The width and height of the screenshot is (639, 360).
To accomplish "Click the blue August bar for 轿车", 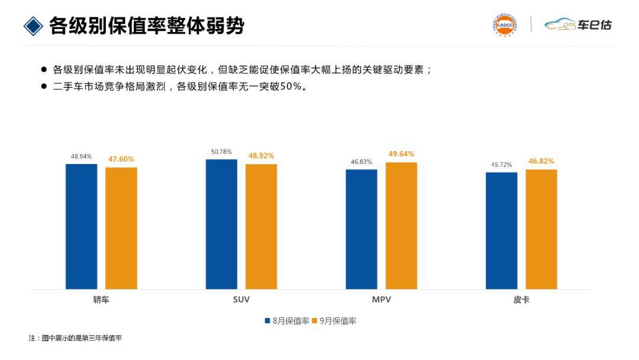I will tap(81, 226).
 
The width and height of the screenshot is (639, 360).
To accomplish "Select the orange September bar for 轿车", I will tap(121, 228).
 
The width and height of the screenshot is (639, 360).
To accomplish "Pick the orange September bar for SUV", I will tap(261, 226).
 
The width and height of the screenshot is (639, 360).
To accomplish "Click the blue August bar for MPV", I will tap(362, 229).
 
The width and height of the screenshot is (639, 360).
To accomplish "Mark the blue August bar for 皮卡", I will tap(501, 230).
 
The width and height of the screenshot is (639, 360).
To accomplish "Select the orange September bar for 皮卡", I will tap(541, 229).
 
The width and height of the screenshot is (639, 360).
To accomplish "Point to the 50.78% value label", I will tap(221, 152).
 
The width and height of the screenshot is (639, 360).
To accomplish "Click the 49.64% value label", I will tap(401, 154).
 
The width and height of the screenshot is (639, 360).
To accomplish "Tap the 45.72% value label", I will tap(501, 164).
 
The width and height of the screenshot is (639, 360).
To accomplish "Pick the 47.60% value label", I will tap(121, 159).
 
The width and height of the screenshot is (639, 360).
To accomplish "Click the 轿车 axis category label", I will tap(101, 300).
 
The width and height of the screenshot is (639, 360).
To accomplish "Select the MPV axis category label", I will tap(381, 300).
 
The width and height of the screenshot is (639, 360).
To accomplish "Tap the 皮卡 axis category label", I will tap(521, 300).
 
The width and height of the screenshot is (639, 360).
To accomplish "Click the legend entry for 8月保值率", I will tap(287, 321).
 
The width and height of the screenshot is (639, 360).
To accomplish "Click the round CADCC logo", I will tap(504, 25).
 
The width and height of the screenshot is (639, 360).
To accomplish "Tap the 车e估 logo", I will tap(578, 25).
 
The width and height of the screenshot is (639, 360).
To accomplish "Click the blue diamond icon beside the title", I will tap(33, 25).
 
